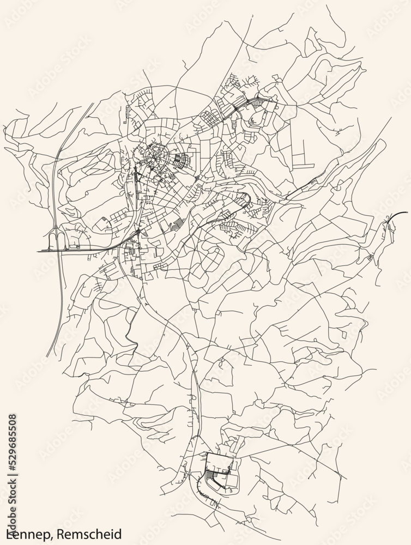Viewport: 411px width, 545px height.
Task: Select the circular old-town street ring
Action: coord(156,157)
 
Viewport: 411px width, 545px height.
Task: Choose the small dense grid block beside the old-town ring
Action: coord(182,161)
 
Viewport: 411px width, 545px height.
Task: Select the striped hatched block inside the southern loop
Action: coord(210,480)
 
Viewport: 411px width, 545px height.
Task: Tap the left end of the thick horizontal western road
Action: coord(38,251)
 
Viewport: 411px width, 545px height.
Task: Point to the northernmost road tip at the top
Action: coord(328,5)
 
